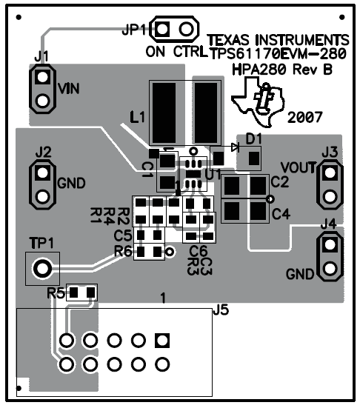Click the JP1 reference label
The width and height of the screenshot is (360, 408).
133,30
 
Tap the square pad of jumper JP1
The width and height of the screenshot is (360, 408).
162,29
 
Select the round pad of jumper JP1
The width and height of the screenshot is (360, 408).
187,29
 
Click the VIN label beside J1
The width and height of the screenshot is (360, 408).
68,89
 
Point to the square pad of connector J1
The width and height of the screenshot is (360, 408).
42,77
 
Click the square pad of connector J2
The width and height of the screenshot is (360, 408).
42,173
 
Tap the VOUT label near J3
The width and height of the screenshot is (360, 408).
298,168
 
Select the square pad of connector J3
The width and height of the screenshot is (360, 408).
330,173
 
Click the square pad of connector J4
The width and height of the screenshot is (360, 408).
330,244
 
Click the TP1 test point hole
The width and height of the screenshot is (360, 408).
42,268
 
